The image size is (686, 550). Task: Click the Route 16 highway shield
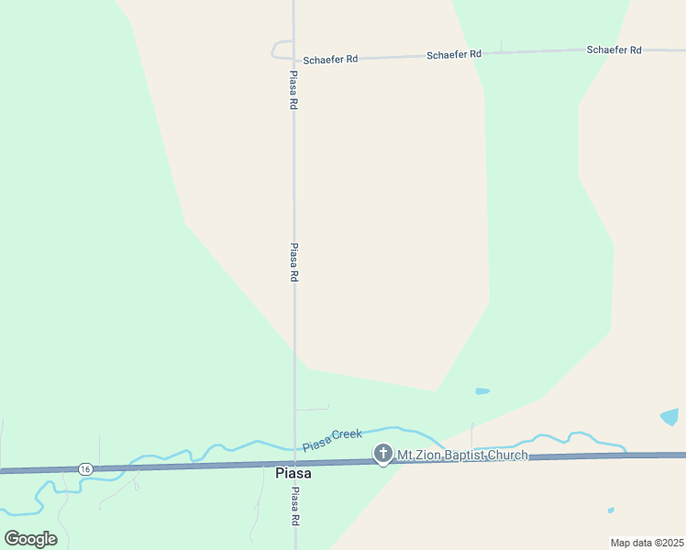(x=85, y=468)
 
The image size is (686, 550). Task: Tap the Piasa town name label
(x=293, y=473)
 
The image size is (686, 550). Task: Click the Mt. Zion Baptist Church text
(x=462, y=455)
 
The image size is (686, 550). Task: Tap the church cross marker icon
(x=383, y=453)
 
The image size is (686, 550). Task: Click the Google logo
(x=30, y=538)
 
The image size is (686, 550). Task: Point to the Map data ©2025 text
(x=647, y=542)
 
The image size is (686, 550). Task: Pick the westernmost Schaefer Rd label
(x=330, y=59)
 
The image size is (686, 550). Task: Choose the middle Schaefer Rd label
(x=454, y=55)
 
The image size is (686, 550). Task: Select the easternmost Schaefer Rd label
(x=614, y=49)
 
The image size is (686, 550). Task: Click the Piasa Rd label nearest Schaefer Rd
(x=293, y=91)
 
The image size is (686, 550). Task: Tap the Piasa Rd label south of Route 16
(x=295, y=506)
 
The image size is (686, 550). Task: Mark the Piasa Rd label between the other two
(x=293, y=262)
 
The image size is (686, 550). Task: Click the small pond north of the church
(x=482, y=391)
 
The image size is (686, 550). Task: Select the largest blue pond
(x=670, y=417)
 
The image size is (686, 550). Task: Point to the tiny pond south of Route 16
(x=611, y=510)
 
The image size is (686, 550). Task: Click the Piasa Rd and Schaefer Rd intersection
(x=293, y=60)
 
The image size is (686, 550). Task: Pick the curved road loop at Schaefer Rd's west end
(x=277, y=49)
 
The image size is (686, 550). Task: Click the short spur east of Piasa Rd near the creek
(x=312, y=409)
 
